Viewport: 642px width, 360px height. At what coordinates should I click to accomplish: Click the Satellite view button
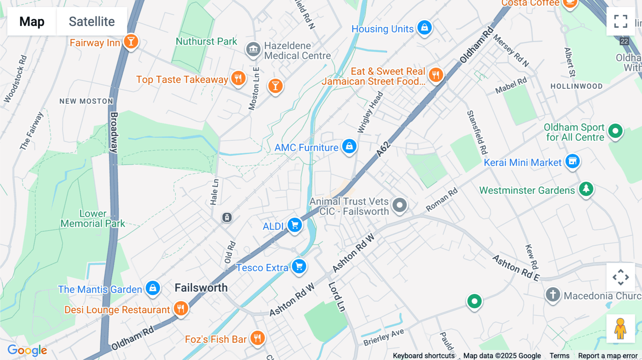point(92,21)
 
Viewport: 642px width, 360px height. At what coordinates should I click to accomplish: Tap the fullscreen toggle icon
point(621,21)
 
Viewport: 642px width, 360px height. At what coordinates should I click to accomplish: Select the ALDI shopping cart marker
point(295,225)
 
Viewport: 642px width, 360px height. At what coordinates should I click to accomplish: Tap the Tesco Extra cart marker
point(299,267)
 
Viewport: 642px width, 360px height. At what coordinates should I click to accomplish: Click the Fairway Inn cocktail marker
point(131,42)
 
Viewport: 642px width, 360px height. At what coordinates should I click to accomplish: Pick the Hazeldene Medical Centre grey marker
point(253,49)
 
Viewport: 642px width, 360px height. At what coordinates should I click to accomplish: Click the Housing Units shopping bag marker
point(424,27)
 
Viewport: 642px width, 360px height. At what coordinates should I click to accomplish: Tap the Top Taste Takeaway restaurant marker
point(238,78)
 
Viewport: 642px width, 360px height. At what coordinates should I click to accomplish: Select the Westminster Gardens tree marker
point(586,189)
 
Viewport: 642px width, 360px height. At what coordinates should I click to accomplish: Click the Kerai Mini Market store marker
point(572,161)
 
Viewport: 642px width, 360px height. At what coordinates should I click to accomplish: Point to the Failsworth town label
point(201,288)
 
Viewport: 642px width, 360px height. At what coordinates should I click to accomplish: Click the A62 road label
point(383,149)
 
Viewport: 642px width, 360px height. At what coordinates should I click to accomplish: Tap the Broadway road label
point(114,132)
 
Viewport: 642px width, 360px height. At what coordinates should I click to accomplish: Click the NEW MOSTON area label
point(86,101)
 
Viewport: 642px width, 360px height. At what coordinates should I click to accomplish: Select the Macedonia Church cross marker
point(553,295)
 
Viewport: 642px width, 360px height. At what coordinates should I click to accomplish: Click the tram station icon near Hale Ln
point(227,217)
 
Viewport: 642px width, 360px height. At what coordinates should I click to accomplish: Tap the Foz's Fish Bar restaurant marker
point(257,338)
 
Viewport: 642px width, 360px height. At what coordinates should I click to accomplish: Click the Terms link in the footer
point(559,355)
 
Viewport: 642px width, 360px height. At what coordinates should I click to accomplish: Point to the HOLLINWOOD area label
point(576,86)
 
